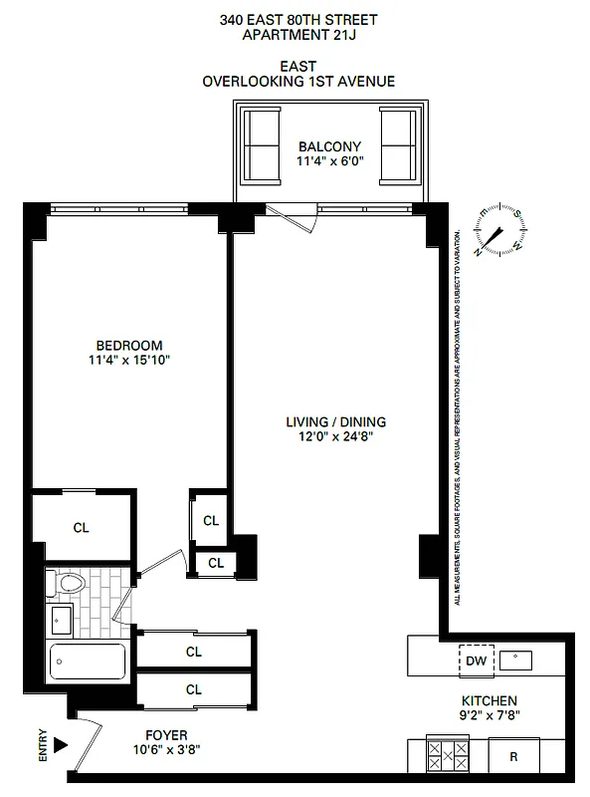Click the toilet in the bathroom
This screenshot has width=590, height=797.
69,584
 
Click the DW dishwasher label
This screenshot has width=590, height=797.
476,661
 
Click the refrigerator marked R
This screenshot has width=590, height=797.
513,756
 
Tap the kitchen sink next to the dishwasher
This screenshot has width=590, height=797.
517,659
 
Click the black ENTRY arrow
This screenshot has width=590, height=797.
61,744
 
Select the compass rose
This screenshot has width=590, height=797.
498,231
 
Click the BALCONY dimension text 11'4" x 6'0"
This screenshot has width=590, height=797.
329,161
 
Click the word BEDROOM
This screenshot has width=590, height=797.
129,346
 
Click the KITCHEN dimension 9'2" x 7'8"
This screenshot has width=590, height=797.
489,714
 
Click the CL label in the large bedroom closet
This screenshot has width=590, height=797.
81,528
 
